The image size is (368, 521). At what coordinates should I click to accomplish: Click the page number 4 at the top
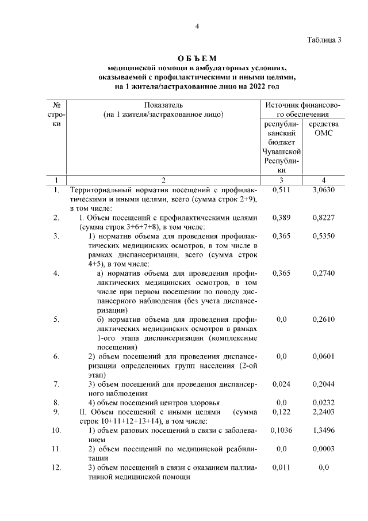[197, 26]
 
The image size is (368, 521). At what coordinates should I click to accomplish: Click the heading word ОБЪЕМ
[197, 58]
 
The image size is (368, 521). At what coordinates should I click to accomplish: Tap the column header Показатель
[163, 105]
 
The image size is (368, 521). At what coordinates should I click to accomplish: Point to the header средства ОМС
[324, 129]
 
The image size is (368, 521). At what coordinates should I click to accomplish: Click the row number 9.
[56, 413]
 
